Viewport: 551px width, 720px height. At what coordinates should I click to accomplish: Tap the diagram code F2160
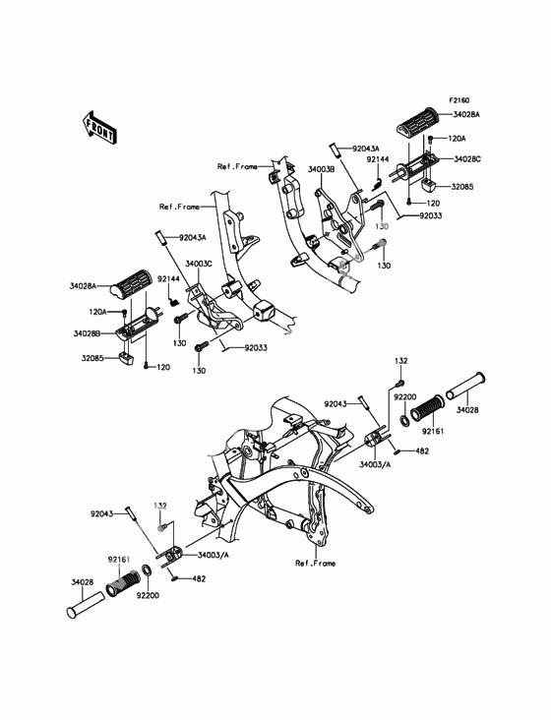tap(459, 99)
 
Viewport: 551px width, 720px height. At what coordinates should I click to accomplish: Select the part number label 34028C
tap(466, 159)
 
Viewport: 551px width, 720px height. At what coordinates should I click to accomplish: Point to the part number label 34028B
tap(87, 333)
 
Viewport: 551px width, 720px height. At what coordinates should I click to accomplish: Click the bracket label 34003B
tap(321, 169)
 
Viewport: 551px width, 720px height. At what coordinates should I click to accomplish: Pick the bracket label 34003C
tap(199, 264)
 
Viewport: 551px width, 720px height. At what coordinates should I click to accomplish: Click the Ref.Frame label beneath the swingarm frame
tap(316, 564)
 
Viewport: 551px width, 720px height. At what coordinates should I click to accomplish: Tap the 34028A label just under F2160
tap(466, 114)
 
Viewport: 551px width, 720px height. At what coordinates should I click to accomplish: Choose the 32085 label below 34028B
tap(93, 358)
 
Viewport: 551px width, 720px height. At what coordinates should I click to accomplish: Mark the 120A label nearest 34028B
tap(97, 312)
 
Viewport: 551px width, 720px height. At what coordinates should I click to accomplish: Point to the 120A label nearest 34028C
tap(457, 139)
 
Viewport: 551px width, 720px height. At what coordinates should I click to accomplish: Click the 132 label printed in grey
tap(160, 506)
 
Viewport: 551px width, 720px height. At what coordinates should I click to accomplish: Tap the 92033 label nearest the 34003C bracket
tap(256, 347)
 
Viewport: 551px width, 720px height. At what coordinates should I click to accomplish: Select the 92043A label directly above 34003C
tap(193, 237)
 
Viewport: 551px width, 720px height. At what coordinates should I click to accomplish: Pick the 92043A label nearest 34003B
tap(366, 149)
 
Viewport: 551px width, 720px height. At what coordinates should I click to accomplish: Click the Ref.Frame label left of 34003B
tap(237, 166)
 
